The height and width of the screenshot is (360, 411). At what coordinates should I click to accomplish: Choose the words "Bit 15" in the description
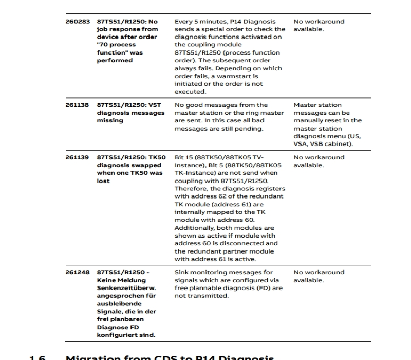point(184,157)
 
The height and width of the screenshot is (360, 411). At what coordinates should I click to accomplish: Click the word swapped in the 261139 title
point(145,165)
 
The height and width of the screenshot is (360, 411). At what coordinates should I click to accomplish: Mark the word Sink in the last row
point(181,272)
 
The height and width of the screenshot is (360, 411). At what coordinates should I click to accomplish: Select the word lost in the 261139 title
point(103,181)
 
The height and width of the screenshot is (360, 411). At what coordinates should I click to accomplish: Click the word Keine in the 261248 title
point(107,280)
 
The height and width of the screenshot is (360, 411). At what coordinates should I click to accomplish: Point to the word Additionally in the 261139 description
point(194,228)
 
